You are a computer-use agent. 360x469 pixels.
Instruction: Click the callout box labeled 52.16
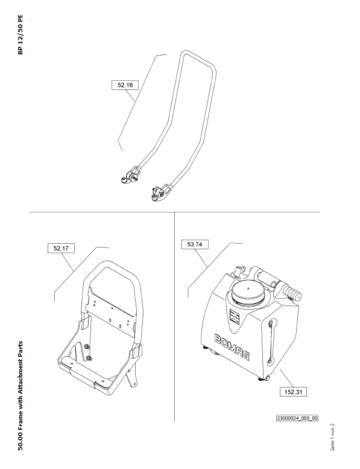125,85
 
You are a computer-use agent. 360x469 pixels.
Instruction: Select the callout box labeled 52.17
61,248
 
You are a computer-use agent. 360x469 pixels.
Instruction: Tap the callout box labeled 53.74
195,244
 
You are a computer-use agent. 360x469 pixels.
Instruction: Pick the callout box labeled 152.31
293,392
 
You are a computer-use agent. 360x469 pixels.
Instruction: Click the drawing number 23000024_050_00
297,418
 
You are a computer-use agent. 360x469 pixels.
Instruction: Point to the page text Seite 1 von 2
332,437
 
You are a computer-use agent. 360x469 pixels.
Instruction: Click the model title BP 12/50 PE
20,34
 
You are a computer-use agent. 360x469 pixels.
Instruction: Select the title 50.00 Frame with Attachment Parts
20,396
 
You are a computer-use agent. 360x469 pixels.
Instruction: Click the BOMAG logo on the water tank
232,347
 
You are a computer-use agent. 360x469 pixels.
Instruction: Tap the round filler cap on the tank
248,292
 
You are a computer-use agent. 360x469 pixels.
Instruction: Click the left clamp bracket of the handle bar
130,176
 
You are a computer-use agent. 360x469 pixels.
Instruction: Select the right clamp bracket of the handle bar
160,193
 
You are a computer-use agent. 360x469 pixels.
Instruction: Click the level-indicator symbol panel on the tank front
235,319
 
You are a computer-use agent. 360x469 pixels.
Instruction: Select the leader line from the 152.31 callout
287,378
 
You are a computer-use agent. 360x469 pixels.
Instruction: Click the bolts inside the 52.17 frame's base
88,353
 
